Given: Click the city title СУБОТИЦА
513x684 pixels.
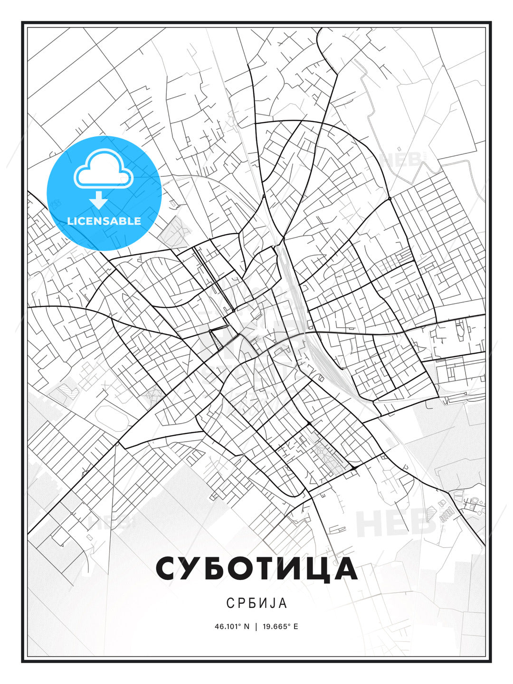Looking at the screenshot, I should click(x=256, y=569).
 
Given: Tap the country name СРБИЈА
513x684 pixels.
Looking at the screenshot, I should click(x=256, y=603).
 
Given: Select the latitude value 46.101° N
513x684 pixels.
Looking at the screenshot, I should click(x=232, y=627).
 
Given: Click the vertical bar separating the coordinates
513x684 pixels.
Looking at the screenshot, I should click(x=256, y=627).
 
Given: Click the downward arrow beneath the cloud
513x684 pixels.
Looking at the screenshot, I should click(x=99, y=200).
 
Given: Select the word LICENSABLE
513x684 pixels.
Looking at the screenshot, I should click(x=104, y=221).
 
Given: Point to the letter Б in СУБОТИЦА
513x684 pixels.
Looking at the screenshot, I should click(x=218, y=569).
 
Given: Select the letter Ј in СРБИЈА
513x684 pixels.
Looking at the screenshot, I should click(x=271, y=603).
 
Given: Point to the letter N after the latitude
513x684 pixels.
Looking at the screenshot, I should click(x=246, y=627).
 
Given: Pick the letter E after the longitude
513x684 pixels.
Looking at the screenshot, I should click(x=295, y=627).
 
